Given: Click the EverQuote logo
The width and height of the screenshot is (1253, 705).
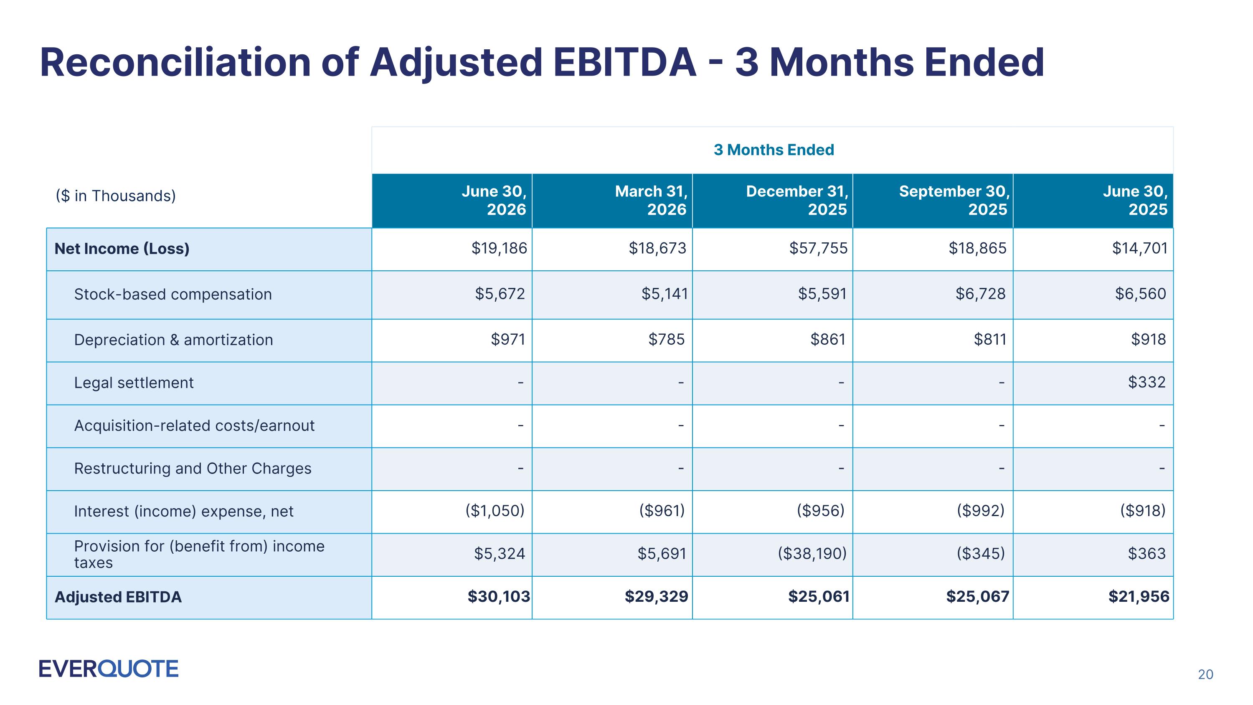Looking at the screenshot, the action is point(109,669).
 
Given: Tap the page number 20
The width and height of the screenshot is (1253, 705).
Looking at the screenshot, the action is point(1205,674).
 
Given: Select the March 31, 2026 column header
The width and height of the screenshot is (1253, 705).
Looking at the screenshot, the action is point(651,201).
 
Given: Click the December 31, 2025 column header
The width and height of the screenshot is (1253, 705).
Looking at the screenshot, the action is point(797,201).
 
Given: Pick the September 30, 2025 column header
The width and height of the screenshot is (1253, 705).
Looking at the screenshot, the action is point(954,201).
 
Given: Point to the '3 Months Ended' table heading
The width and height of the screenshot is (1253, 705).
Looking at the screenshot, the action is point(774,150).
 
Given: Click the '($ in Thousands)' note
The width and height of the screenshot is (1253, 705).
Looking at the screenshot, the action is point(116,196).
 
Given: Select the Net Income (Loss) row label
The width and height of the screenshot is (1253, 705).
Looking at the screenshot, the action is point(122,249).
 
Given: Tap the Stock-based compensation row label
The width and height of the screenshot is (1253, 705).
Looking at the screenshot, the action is point(172,294).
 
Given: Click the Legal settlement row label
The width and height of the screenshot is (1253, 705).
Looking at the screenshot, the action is point(134,383).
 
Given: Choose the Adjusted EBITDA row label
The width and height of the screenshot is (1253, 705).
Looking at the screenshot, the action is point(118,597).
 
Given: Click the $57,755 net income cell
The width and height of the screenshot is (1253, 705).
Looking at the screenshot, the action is point(818,249).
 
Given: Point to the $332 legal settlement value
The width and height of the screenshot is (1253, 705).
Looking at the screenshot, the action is point(1147,382).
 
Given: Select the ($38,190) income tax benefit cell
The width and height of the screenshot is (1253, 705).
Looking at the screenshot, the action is point(812,554).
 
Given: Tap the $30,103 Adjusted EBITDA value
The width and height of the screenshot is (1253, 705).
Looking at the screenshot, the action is point(499,596).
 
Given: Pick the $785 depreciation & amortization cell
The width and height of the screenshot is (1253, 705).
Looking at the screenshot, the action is point(666,339).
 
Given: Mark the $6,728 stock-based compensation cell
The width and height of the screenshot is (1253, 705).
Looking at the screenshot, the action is point(980,294).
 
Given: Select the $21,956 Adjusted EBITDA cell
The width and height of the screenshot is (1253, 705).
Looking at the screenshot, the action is point(1139,596).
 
